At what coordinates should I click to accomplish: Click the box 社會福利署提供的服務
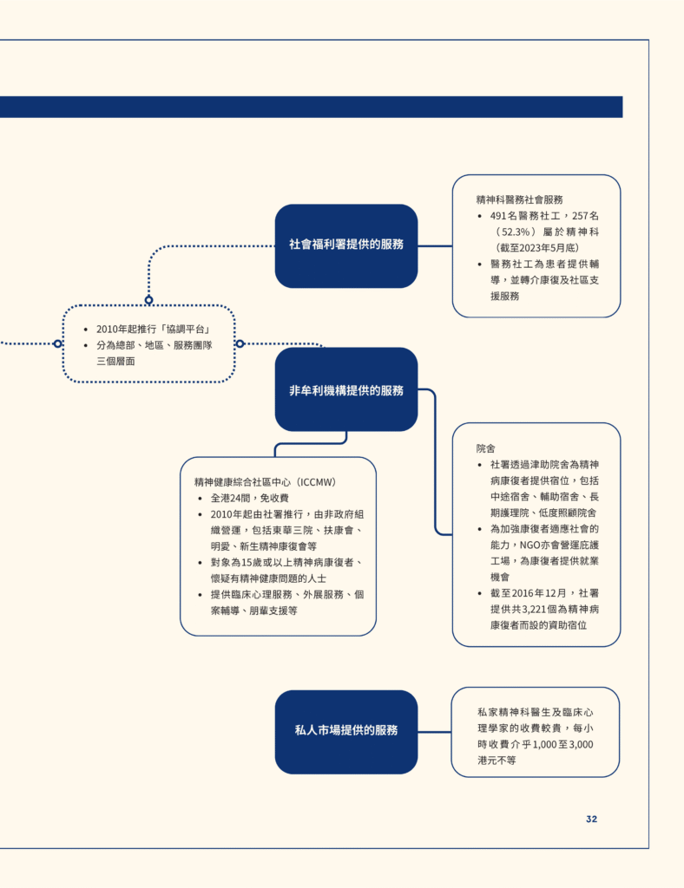click(346, 245)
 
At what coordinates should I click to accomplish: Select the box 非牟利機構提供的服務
click(346, 389)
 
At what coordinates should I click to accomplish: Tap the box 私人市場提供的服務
click(346, 732)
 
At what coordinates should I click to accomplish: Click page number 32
click(592, 819)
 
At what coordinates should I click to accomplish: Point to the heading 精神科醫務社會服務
click(520, 199)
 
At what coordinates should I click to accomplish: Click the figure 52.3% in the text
click(516, 232)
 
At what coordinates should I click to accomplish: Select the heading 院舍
click(485, 448)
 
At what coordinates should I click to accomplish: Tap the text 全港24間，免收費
click(250, 498)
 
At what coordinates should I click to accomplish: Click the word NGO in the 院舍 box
click(529, 545)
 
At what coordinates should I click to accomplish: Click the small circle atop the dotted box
click(148, 299)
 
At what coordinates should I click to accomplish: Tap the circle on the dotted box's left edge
click(57, 343)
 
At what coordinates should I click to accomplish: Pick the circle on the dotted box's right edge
click(240, 343)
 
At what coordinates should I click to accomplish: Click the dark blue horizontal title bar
click(311, 107)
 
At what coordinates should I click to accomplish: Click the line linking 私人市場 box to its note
click(435, 732)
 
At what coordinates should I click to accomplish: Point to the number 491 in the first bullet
click(498, 216)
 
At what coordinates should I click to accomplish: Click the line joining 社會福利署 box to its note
click(435, 245)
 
